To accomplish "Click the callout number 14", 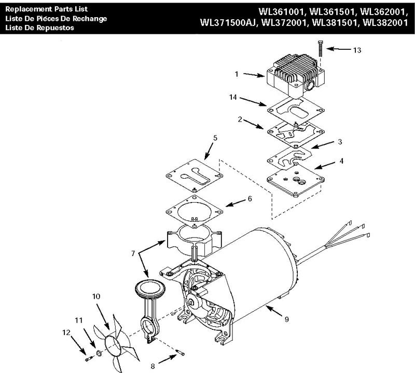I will [233, 97].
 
